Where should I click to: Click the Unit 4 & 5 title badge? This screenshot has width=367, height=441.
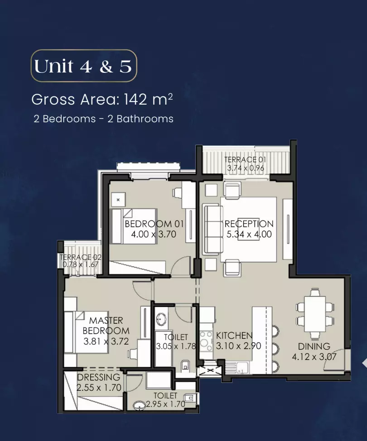[83, 66]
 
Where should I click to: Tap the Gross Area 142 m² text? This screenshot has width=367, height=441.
[102, 99]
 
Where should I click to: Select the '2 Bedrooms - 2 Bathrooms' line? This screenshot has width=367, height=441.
[103, 119]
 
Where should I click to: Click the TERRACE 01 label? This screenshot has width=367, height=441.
[245, 159]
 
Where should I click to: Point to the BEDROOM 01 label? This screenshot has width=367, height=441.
[154, 224]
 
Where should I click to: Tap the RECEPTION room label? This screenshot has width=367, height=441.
[249, 224]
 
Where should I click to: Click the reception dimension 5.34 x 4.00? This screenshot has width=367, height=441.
[249, 234]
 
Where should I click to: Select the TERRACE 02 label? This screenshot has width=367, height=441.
[81, 257]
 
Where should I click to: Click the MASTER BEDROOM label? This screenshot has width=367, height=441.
[106, 326]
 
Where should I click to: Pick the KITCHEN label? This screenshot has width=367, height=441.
[234, 335]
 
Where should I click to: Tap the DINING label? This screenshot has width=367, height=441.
[314, 346]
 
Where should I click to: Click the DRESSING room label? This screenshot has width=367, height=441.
[98, 377]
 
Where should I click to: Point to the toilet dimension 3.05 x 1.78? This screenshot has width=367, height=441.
[176, 346]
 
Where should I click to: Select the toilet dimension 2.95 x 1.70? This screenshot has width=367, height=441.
[165, 404]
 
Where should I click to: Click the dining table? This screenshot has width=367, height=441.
[315, 313]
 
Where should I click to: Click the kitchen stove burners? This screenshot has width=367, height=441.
[206, 341]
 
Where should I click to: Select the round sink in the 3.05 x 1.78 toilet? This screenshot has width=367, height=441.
[161, 320]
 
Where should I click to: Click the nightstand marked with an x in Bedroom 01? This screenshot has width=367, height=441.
[119, 200]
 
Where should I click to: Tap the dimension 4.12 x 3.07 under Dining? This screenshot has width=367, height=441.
[314, 357]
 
